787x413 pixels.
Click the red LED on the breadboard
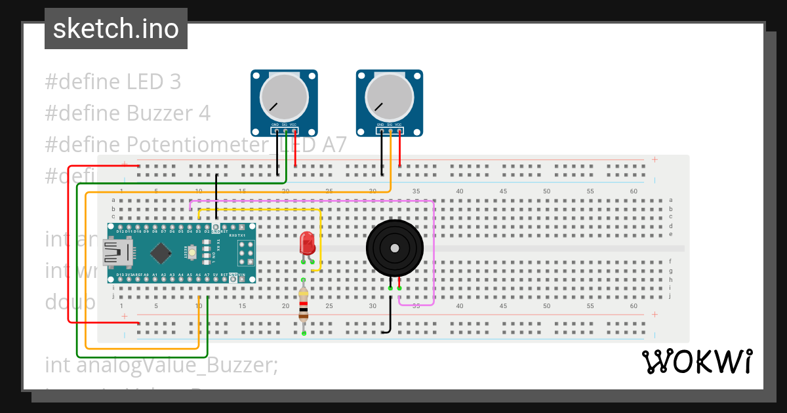click(x=307, y=243)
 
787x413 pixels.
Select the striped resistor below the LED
click(x=303, y=306)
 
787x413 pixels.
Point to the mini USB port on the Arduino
click(x=116, y=252)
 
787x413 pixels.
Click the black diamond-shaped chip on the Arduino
click(x=160, y=252)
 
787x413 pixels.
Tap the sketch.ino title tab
click(x=116, y=29)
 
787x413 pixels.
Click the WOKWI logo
click(x=696, y=362)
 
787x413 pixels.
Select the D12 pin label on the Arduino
click(x=120, y=231)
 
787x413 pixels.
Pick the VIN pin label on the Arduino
click(x=241, y=275)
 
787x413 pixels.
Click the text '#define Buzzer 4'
click(x=127, y=113)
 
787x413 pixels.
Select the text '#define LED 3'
click(x=112, y=82)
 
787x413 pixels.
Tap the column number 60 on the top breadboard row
click(x=634, y=191)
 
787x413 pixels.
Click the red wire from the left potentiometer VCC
click(x=295, y=151)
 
